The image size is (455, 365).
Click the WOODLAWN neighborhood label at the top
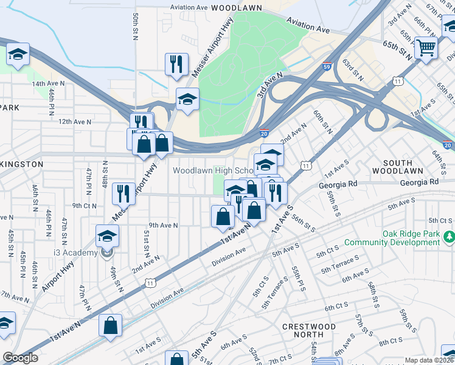(x=236, y=7)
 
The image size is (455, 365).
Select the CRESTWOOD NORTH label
(x=309, y=331)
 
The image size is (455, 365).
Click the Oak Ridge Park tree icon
(x=450, y=235)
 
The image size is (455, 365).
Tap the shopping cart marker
(x=426, y=47)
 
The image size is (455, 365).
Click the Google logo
(x=20, y=358)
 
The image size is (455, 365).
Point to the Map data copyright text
(x=429, y=360)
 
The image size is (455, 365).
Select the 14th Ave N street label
(x=47, y=83)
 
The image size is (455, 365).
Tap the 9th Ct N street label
(x=85, y=206)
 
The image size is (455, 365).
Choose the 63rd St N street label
(x=352, y=70)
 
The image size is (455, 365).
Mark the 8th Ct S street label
(x=392, y=343)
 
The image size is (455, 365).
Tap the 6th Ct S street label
(x=336, y=307)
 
